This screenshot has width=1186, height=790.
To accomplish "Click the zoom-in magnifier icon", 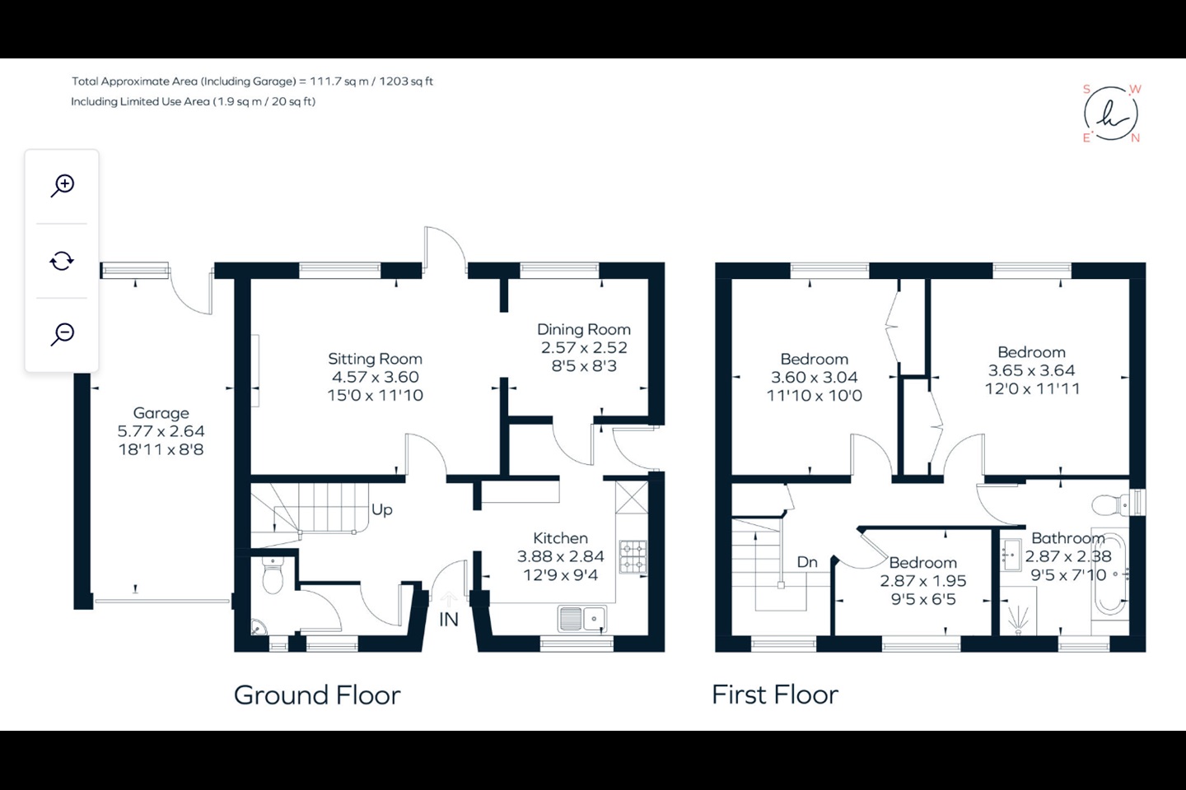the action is pos(63,186).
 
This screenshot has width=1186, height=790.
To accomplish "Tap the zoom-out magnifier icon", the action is pos(63,334).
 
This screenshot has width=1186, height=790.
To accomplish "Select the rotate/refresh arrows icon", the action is pos(62,261).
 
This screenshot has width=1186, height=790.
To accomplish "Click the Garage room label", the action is pos(161,413).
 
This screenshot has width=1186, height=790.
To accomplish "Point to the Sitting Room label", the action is pos(375,359).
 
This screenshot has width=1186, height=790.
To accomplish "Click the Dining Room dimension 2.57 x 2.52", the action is pos(584,347).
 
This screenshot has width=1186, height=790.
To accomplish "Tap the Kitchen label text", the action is pos(560,538).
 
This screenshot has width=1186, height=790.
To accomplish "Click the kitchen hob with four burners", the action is pos(633,556).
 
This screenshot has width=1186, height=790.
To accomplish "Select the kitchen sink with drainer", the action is pos(581,619).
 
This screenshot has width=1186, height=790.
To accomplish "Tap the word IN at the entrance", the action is pos(448,620).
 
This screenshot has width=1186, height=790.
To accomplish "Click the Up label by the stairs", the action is pos(382,509).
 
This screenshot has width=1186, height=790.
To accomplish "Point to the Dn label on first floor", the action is pos(807,562).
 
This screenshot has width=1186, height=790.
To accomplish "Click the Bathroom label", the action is pos(1068,538).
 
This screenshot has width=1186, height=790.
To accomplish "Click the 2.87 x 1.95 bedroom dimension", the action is pos(922,581).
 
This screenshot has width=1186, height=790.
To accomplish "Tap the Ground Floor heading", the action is pos(317,695).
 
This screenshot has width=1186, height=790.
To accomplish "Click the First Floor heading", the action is pos(775,695).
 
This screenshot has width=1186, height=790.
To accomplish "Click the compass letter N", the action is pos(1135,138).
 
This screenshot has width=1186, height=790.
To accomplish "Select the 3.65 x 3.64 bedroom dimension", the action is pos(1031,370).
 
